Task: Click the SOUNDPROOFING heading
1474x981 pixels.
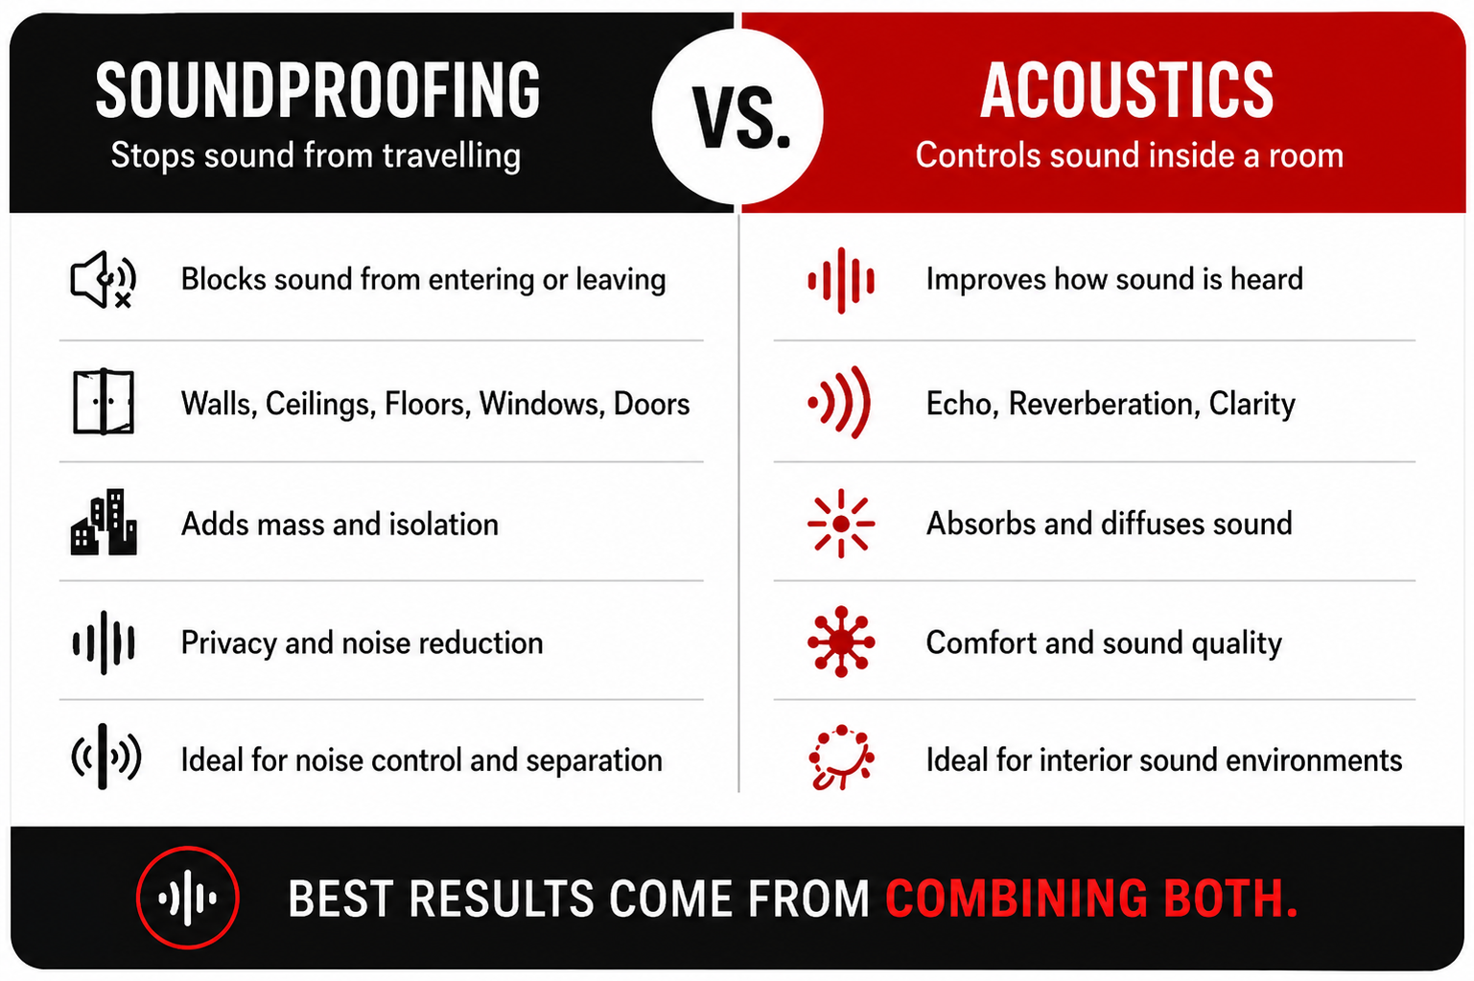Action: pyautogui.click(x=317, y=90)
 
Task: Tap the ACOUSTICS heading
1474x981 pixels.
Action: pyautogui.click(x=1127, y=90)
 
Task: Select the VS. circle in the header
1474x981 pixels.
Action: pyautogui.click(x=737, y=116)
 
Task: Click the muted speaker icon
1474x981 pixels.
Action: pyautogui.click(x=104, y=280)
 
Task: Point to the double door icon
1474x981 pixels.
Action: pyautogui.click(x=104, y=402)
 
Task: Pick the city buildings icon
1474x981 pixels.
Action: pyautogui.click(x=104, y=522)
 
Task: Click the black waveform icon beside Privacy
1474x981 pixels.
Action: pyautogui.click(x=104, y=642)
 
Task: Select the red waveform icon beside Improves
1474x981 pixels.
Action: pyautogui.click(x=841, y=280)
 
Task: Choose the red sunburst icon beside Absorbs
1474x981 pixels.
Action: pyautogui.click(x=841, y=524)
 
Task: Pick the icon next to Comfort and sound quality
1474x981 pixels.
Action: pyautogui.click(x=841, y=642)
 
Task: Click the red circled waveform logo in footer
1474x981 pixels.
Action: pyautogui.click(x=188, y=898)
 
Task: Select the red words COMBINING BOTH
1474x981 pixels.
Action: pyautogui.click(x=1091, y=899)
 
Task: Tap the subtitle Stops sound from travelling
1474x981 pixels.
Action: pyautogui.click(x=316, y=156)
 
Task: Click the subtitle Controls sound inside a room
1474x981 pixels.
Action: pyautogui.click(x=1129, y=156)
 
